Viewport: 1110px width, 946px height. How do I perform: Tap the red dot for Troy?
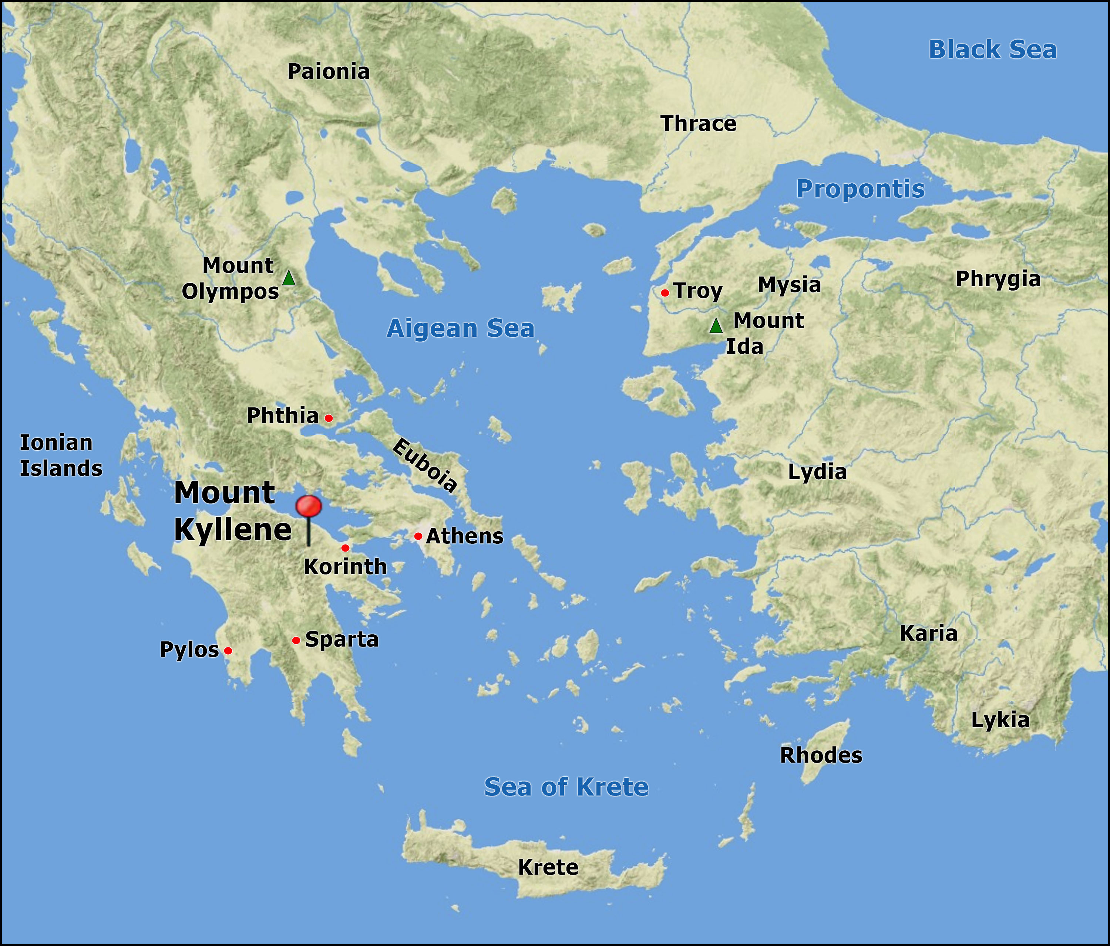[665, 293]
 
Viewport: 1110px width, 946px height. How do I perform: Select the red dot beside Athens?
[418, 536]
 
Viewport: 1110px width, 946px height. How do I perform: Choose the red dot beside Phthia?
[329, 418]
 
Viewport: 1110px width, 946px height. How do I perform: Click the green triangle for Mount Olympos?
[289, 278]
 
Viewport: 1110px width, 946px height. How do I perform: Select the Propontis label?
[860, 189]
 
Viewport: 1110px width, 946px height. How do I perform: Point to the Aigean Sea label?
[461, 328]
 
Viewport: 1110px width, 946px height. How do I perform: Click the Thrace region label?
[699, 124]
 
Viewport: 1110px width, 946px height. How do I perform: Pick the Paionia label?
[329, 72]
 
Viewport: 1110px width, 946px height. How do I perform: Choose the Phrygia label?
[998, 279]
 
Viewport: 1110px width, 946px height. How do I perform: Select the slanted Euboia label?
[425, 464]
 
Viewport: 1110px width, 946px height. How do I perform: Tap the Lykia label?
[1000, 720]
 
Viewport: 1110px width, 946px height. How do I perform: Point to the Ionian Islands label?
[61, 455]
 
